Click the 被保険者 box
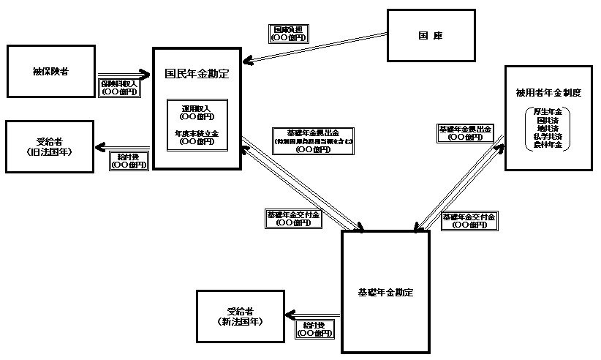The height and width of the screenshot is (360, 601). [x=50, y=71]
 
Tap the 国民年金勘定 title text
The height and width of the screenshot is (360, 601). [x=197, y=73]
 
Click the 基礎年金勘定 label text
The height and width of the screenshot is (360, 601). [x=385, y=292]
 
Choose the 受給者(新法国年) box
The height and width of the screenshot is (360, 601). [x=240, y=317]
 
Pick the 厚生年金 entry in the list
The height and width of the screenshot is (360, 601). [x=548, y=111]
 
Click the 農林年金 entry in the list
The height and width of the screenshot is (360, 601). [x=548, y=145]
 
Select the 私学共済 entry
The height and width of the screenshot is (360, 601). [x=548, y=137]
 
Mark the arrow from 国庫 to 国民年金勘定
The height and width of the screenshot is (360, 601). [x=314, y=48]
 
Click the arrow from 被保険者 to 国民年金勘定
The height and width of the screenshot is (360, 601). [x=124, y=73]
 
